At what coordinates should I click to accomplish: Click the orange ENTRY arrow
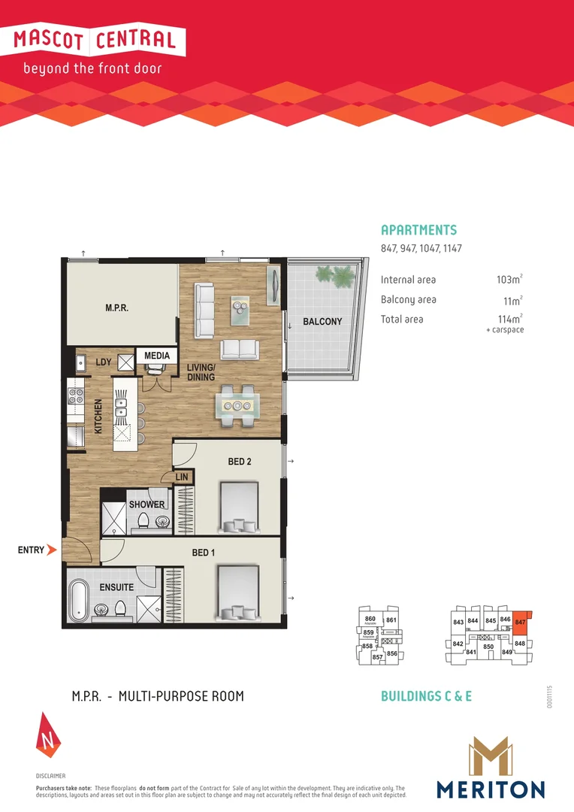point(51,550)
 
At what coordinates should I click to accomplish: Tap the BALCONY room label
point(322,322)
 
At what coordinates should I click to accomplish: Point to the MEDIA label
point(157,356)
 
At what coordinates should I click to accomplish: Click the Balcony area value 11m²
point(511,299)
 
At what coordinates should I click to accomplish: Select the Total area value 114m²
point(509,319)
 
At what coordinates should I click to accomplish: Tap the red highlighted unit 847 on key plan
point(521,624)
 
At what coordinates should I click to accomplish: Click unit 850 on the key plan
point(488,647)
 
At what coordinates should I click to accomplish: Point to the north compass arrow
point(47,733)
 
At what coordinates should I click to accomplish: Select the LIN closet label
point(182,477)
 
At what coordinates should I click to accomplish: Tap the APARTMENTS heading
point(418,231)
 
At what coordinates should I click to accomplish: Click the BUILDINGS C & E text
point(426,696)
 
